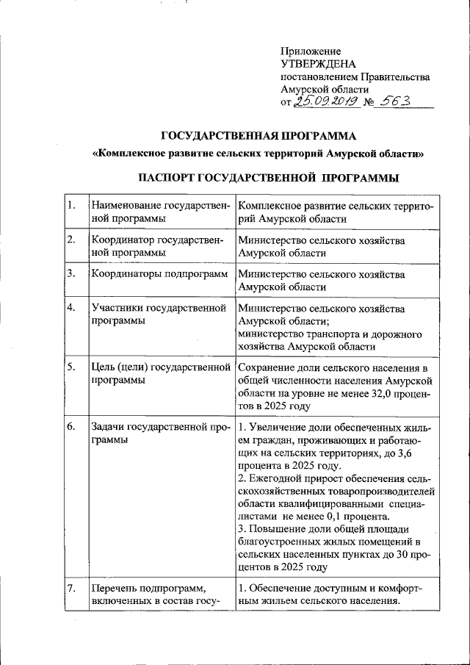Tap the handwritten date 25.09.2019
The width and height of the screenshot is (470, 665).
[324, 102]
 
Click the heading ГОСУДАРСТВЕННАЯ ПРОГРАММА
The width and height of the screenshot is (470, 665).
[259, 135]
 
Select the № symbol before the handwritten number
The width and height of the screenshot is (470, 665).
[366, 103]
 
